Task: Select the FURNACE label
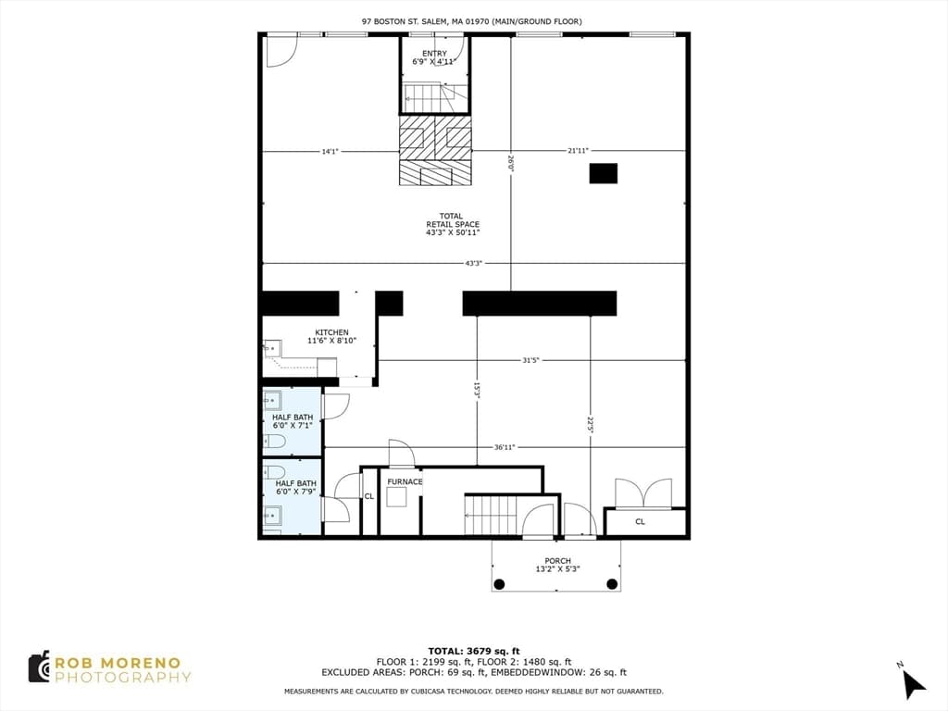(x=405, y=481)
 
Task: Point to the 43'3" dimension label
(x=473, y=264)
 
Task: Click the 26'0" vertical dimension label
(x=511, y=163)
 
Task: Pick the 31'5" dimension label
(x=530, y=360)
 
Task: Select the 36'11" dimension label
(x=505, y=447)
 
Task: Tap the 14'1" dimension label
(x=330, y=151)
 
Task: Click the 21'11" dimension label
(x=578, y=151)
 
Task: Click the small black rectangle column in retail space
(x=604, y=173)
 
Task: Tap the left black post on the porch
(x=499, y=584)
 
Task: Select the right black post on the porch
(x=612, y=584)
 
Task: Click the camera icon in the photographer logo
(x=40, y=667)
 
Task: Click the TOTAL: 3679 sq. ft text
(x=474, y=651)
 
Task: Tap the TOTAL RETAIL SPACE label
(x=452, y=224)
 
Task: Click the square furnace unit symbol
(x=397, y=497)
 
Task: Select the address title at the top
(x=472, y=21)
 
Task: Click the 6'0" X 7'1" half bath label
(x=293, y=426)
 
